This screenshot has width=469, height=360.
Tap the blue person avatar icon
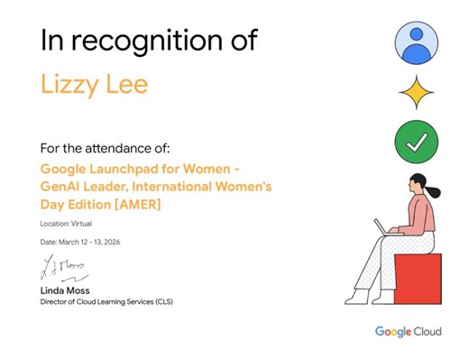point(416,42)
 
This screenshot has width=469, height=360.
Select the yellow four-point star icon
point(416,92)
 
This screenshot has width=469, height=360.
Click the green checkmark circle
point(416,142)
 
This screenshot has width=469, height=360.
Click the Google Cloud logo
point(409,332)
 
